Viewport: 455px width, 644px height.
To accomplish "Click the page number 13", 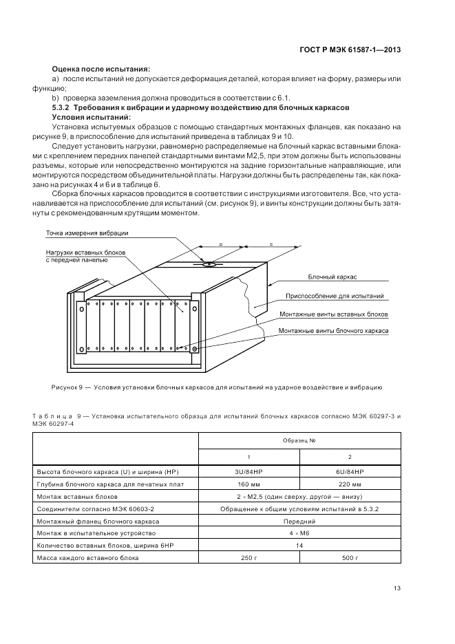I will pos(396,588).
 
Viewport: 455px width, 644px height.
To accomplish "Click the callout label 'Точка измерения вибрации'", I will pos(87,233).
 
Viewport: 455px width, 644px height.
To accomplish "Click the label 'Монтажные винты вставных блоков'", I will pos(334,314).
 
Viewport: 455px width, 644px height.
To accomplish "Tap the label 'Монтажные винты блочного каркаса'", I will pos(334,331).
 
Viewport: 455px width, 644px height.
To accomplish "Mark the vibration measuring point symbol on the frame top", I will pos(209,264).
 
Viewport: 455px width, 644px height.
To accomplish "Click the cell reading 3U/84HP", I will pos(248,473).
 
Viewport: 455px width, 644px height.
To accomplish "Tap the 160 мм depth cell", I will pos(248,485).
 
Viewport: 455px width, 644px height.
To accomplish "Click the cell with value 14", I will pos(298,546).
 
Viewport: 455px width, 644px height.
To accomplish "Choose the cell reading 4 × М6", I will pos(298,533).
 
